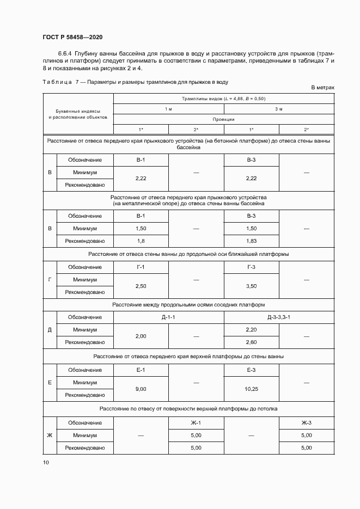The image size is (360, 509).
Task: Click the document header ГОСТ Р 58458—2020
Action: tap(72, 37)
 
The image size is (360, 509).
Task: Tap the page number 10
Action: tap(46, 462)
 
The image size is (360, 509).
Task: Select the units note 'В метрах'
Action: tap(322, 87)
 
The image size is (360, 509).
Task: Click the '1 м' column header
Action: tap(169, 109)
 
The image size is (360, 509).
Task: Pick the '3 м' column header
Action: tap(279, 109)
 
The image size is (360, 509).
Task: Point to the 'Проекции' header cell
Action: tap(224, 119)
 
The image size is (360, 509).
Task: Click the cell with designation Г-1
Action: tap(141, 267)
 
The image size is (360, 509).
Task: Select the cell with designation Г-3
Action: tap(251, 267)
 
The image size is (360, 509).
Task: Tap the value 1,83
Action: tap(251, 241)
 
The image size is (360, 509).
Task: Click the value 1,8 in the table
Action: tap(141, 241)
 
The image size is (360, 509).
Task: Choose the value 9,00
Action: tap(141, 389)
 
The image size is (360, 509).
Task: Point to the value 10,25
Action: tap(251, 389)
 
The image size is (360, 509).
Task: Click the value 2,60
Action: tap(251, 342)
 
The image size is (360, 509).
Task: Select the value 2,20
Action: tap(251, 329)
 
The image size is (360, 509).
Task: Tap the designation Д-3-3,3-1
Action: tap(279, 317)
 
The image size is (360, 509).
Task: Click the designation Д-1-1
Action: tap(169, 317)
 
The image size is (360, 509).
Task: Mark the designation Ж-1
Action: tap(196, 422)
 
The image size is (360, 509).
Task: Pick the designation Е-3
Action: tap(251, 370)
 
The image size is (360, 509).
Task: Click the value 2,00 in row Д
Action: tap(141, 336)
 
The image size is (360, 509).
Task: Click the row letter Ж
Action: tap(50, 435)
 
